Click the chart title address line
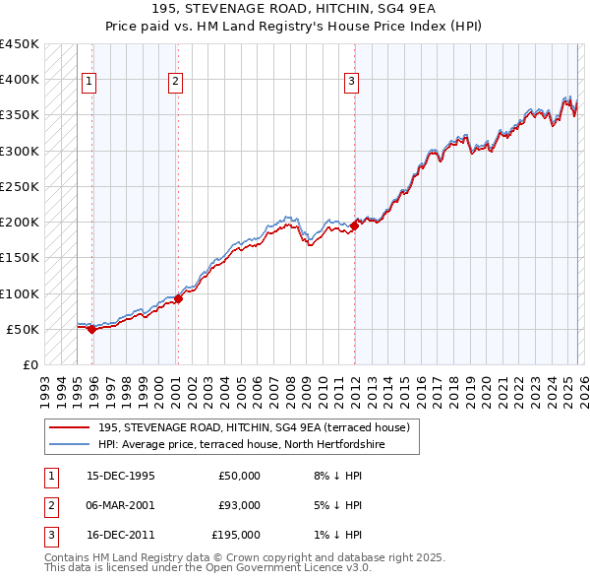tap(295, 9)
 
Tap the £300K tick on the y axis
tap(20, 151)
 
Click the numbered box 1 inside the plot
tap(88, 82)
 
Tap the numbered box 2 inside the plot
tap(175, 82)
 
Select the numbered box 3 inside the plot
tap(351, 82)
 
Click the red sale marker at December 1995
tap(91, 329)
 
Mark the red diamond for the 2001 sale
tap(178, 298)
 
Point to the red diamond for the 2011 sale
tap(354, 226)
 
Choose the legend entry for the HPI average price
tap(241, 444)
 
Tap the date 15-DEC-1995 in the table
tap(121, 476)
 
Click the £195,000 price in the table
tap(235, 535)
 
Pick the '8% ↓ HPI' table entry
tap(337, 476)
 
